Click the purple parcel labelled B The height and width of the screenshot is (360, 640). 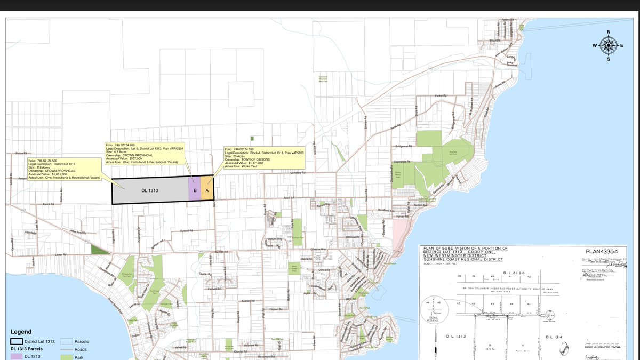pyautogui.click(x=195, y=190)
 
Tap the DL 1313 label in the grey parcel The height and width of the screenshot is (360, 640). pyautogui.click(x=150, y=190)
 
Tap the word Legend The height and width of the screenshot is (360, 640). pyautogui.click(x=21, y=332)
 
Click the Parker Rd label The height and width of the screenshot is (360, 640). pyautogui.click(x=440, y=95)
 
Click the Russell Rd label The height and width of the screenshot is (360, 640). pyautogui.click(x=186, y=231)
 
